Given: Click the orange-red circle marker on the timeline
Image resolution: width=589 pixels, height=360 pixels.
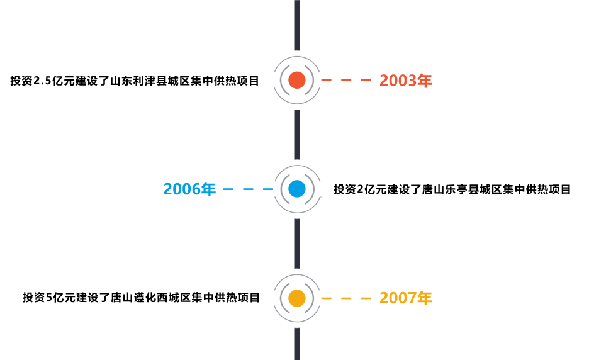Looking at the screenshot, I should (300, 81).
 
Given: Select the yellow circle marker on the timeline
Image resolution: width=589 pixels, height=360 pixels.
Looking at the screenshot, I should (300, 298).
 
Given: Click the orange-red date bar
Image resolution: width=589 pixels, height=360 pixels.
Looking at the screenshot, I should (371, 81).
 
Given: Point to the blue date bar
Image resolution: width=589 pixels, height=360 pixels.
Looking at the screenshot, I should (223, 189).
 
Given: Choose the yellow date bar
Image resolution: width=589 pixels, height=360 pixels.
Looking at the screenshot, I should (371, 298).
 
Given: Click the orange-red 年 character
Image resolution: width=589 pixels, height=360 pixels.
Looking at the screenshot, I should (427, 81).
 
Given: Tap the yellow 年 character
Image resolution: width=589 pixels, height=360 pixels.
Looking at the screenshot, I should (427, 298).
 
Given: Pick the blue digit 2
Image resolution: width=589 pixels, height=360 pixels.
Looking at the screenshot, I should (167, 189).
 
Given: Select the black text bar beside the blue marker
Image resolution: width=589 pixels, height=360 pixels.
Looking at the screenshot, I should (450, 189).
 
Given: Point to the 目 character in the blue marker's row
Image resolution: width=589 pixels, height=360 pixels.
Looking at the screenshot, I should (566, 189).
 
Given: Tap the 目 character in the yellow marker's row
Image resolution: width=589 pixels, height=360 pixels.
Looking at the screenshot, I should (254, 298).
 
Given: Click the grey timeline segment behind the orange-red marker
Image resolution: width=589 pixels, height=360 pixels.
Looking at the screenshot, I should (298, 60).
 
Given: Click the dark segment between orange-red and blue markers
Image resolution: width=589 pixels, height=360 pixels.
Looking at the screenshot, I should (298, 134).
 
